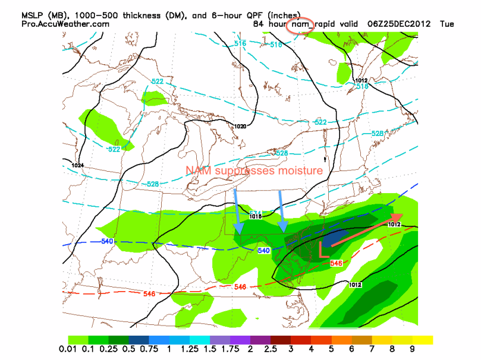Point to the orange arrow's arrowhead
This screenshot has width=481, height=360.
[397, 218]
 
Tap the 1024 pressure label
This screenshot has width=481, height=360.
[77, 165]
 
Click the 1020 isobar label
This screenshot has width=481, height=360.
[240, 126]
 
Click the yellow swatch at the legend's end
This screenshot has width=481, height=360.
[423, 340]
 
